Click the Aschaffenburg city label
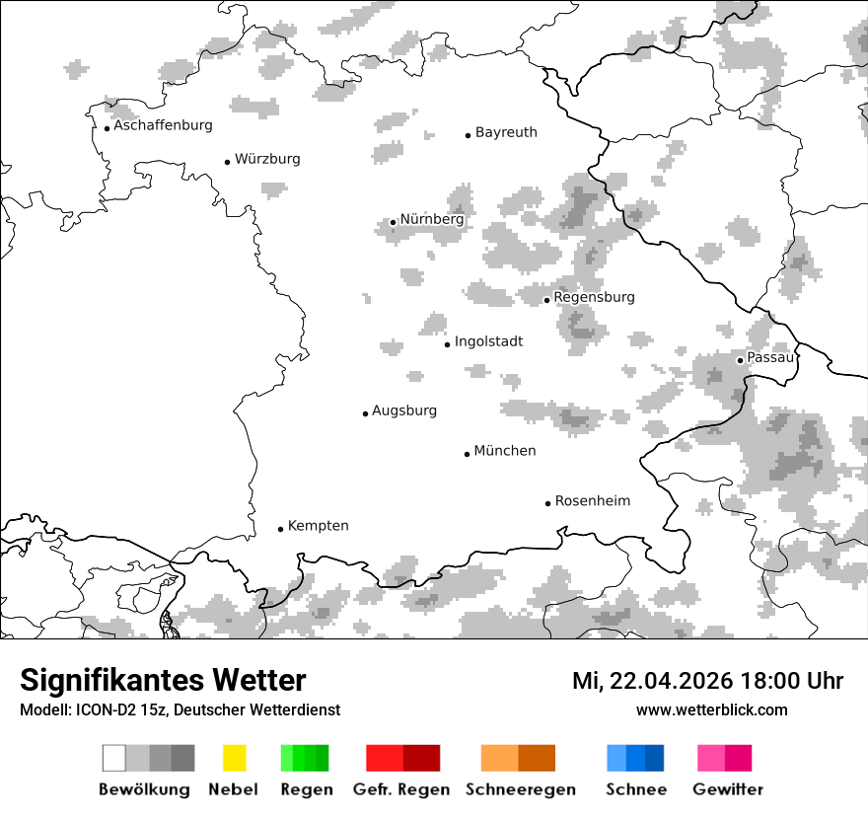[163, 125]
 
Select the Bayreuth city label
[506, 132]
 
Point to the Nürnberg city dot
[393, 222]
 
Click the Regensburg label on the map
[594, 297]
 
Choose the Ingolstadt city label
[488, 341]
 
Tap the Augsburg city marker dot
[365, 413]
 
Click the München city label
[505, 451]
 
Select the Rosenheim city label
[593, 501]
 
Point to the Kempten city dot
[280, 529]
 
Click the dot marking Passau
[740, 360]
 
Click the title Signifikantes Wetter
[163, 681]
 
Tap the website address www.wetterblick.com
[712, 710]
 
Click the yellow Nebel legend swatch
[234, 758]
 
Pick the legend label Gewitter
[728, 789]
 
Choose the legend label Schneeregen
[521, 789]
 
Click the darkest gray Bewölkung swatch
[182, 758]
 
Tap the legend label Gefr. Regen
[401, 789]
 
